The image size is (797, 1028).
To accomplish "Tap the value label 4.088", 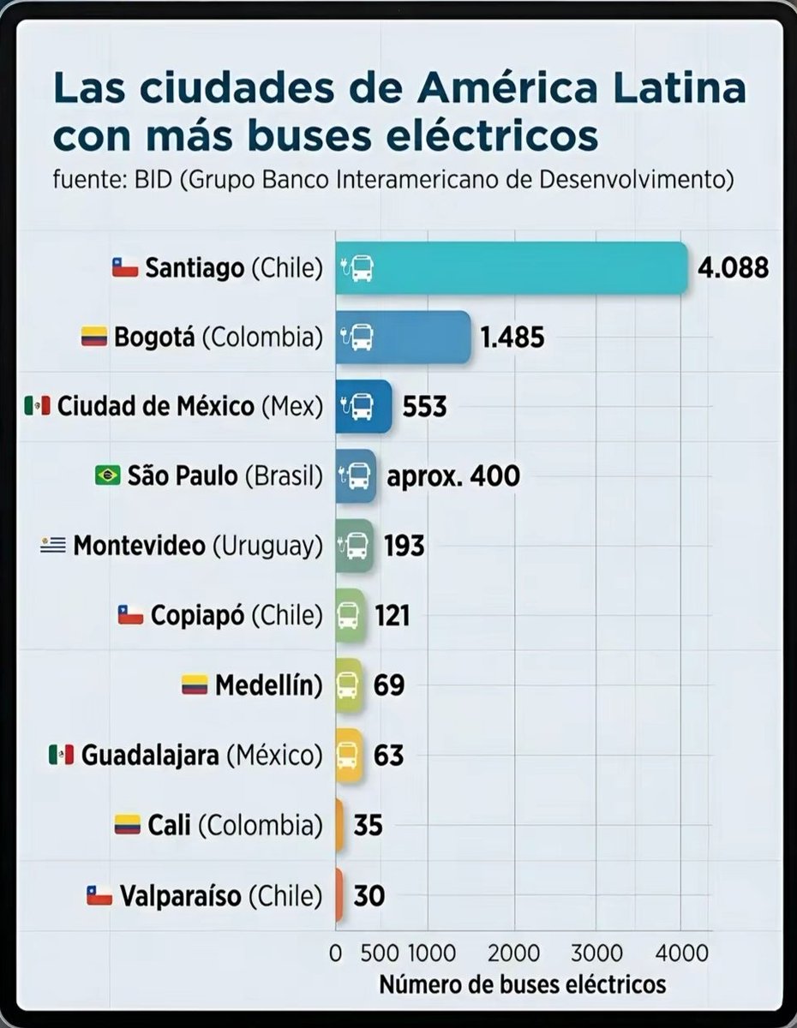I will tap(733, 268).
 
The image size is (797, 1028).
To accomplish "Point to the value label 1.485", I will tap(512, 338).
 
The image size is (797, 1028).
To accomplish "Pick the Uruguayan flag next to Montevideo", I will tap(53, 545).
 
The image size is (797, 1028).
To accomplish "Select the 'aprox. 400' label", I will tap(453, 475).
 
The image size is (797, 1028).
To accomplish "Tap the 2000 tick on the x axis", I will tap(514, 953).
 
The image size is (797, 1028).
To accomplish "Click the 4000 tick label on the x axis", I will tap(681, 953).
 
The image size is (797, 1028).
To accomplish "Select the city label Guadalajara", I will tap(150, 756).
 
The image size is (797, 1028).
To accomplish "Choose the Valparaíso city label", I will tap(181, 896).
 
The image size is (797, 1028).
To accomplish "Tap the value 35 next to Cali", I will tap(368, 826).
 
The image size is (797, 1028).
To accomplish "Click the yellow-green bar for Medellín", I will tap(349, 685).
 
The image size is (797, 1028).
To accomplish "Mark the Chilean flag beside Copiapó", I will tap(129, 615).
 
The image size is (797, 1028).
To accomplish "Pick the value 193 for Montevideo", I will tap(404, 545).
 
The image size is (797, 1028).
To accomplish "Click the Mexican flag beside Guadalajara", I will tap(61, 756).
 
